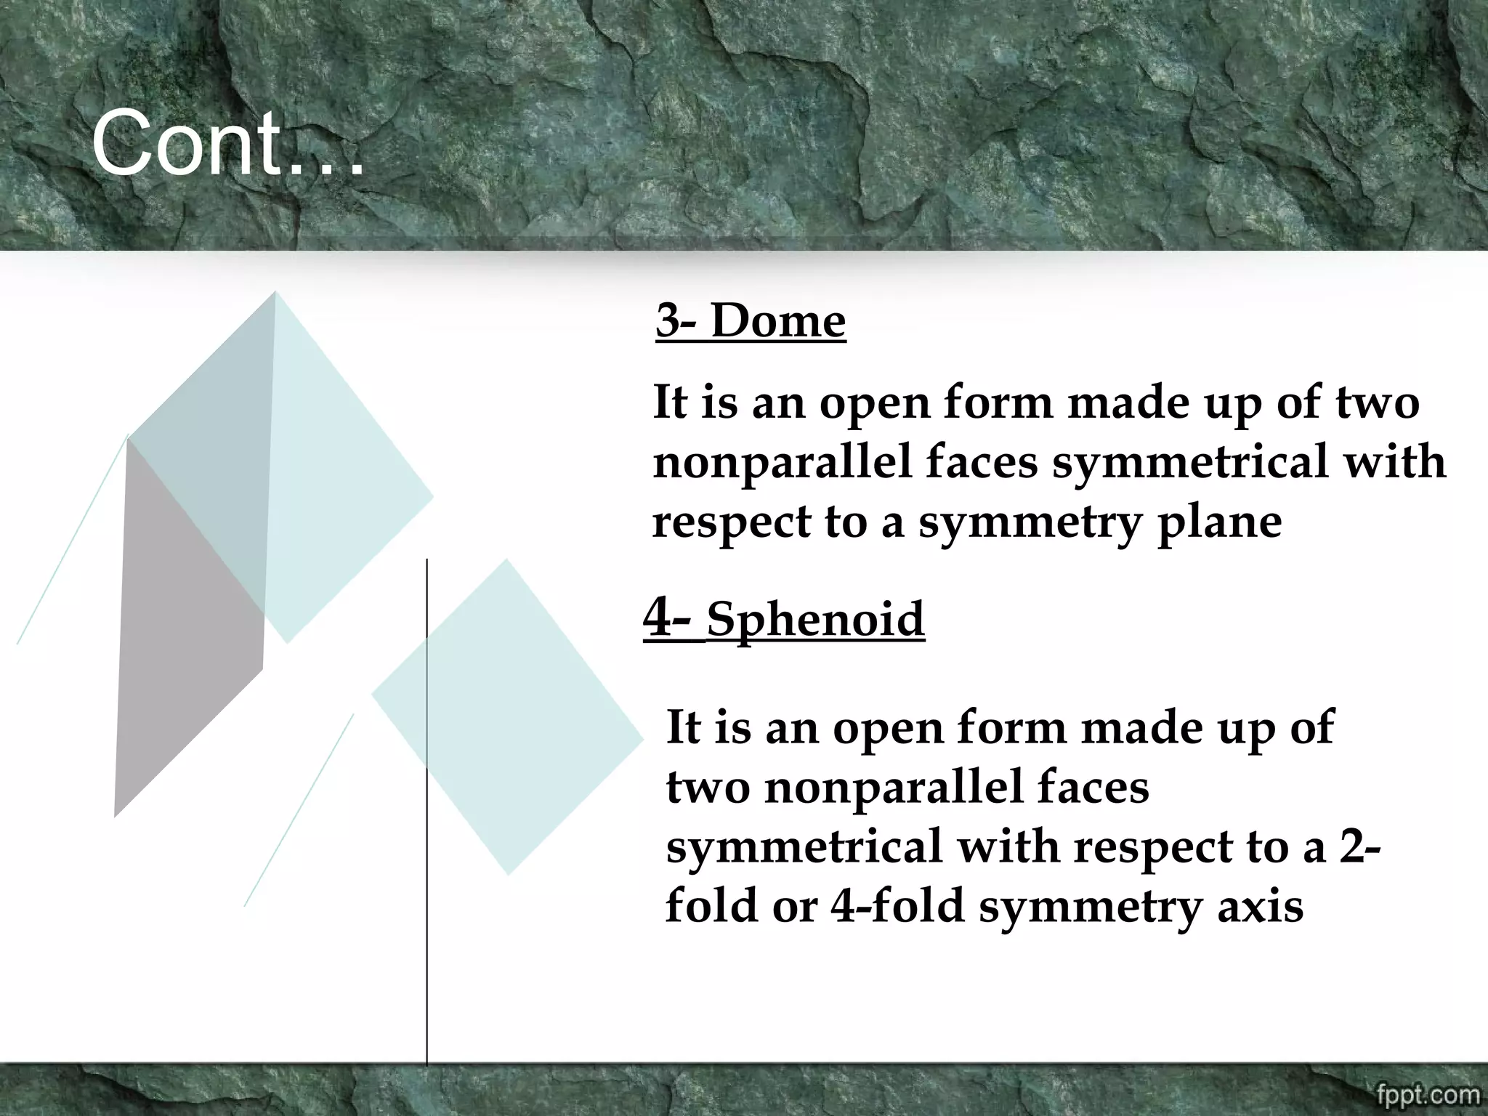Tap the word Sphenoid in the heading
click(815, 619)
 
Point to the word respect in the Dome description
click(731, 523)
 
